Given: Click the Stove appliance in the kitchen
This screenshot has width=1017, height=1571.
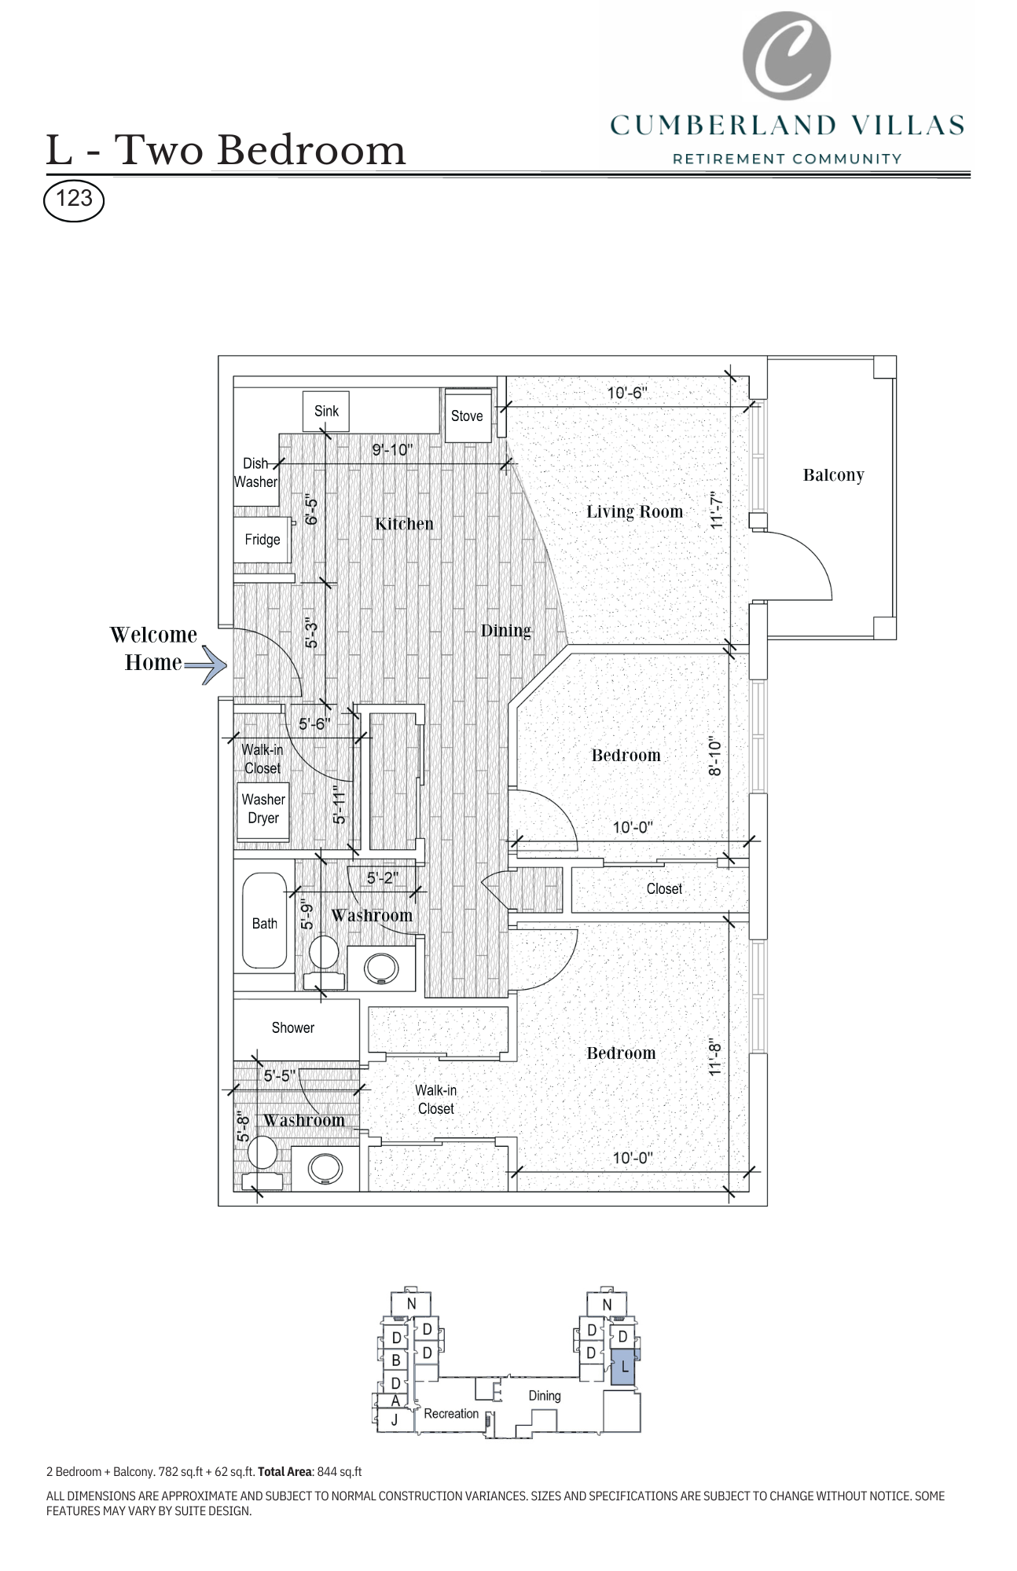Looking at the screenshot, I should [x=468, y=415].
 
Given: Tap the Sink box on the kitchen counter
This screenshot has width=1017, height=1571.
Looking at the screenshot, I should [x=326, y=411].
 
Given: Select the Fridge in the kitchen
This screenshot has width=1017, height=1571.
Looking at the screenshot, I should [x=263, y=540].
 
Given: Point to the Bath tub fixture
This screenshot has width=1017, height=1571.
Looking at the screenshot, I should [x=264, y=921].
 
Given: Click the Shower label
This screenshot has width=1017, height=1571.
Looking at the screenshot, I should [x=293, y=1027].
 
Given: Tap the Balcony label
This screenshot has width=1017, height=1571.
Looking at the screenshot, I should [x=833, y=475].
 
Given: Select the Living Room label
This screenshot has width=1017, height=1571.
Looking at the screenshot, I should [x=634, y=512].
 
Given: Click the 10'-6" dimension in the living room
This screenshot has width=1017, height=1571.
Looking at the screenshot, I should [x=626, y=393].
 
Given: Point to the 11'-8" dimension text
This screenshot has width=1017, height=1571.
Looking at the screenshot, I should [x=715, y=1058].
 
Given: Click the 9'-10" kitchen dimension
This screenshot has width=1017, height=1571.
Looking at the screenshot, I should [x=392, y=450].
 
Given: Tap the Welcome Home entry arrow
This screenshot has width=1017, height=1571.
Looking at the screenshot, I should [x=206, y=665].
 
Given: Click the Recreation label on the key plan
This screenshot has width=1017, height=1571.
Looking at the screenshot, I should [x=451, y=1414].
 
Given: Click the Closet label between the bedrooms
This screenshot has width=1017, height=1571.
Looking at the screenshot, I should [x=664, y=888].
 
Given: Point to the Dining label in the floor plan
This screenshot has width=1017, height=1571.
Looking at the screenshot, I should [x=505, y=631].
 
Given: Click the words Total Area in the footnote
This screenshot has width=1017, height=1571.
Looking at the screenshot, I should [x=285, y=1472].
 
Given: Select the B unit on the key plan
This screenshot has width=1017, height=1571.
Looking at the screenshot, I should [x=396, y=1360].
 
